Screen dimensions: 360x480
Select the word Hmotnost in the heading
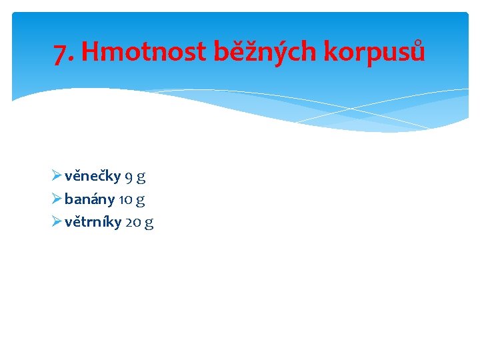coord(143,51)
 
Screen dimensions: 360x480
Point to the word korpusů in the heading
coord(374,52)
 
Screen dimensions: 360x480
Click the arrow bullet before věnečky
coord(56,177)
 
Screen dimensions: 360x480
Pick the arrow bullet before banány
coord(56,199)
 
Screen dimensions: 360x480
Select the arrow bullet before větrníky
coord(56,222)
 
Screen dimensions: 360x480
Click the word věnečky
coord(93,177)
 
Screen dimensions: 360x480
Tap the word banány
coord(89,199)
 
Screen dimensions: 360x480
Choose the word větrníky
coord(93,222)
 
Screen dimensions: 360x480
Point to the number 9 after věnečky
coord(129,177)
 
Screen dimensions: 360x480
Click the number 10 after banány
coord(125,199)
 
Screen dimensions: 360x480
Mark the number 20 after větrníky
coord(132,222)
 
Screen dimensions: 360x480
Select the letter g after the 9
coord(141,178)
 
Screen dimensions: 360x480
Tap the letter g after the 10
coord(140,200)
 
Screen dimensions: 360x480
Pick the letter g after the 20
coord(149,223)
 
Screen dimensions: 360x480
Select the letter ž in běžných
coord(248,51)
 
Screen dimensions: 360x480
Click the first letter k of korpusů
coord(330,51)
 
